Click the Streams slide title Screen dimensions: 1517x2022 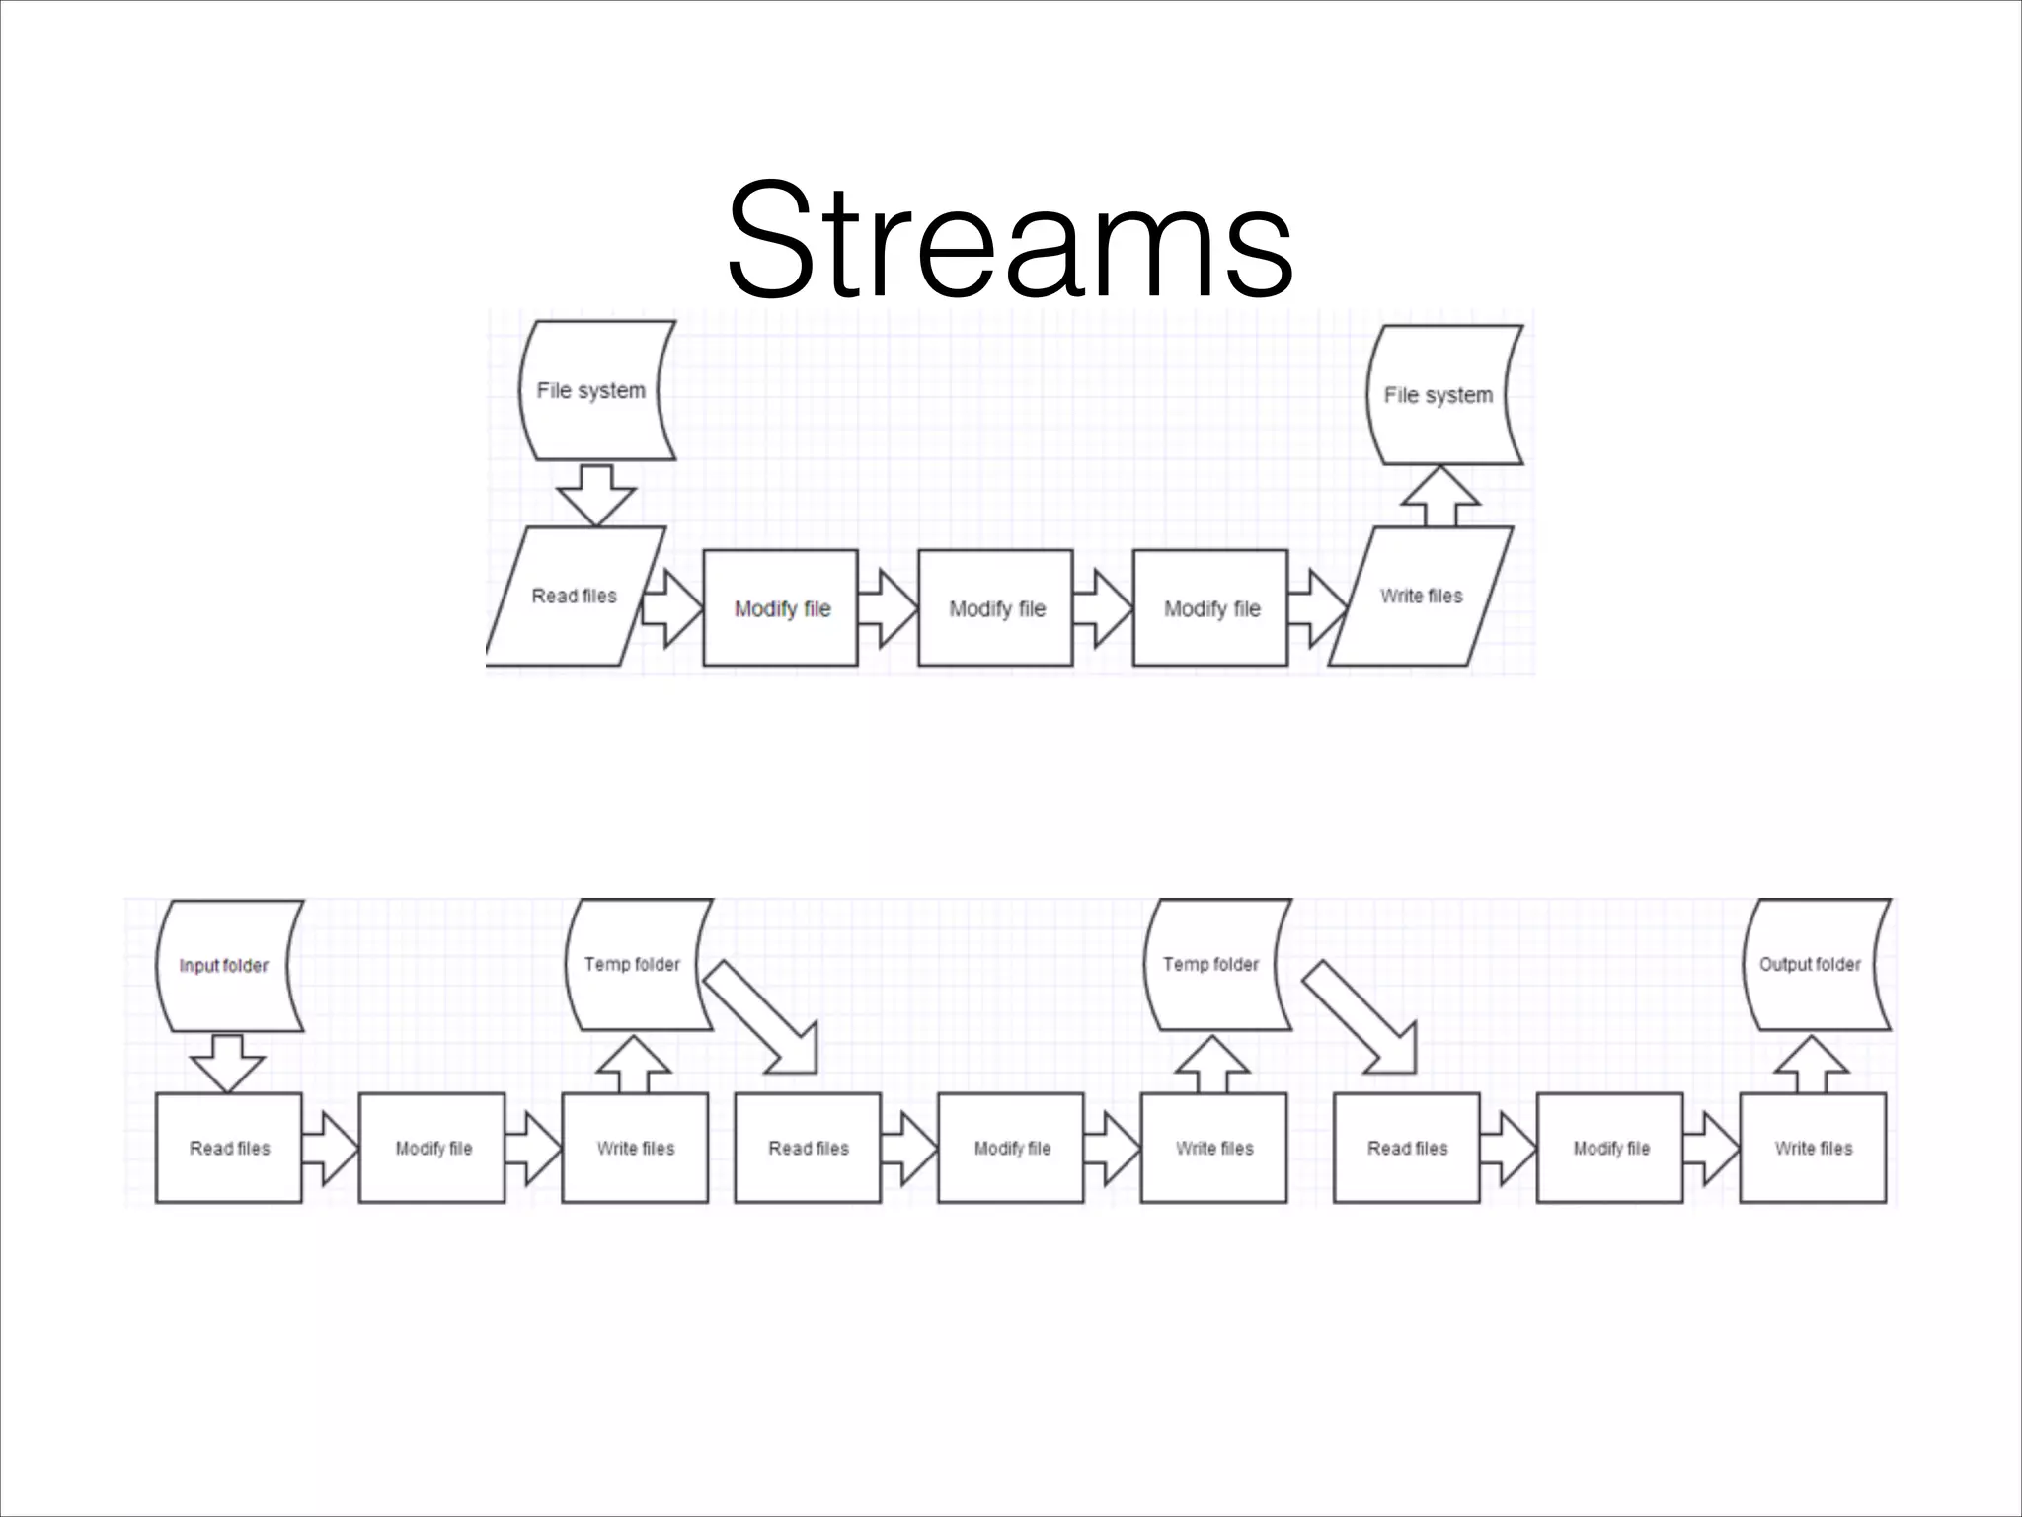tap(1009, 239)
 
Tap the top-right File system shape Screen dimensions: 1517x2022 tap(1441, 395)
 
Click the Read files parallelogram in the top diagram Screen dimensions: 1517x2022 tap(575, 597)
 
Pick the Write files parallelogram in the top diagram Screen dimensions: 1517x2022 tap(1421, 597)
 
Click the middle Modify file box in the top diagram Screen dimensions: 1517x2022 tap(995, 608)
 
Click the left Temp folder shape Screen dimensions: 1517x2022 tap(636, 964)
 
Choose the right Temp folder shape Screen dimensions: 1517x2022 tap(1214, 964)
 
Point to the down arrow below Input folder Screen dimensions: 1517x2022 tap(227, 1063)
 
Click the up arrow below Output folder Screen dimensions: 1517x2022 tap(1812, 1065)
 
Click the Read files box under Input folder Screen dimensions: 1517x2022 tap(228, 1148)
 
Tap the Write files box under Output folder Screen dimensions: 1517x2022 tap(1813, 1148)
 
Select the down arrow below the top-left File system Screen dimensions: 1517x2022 tap(595, 494)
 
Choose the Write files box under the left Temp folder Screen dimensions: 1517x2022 tap(635, 1148)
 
